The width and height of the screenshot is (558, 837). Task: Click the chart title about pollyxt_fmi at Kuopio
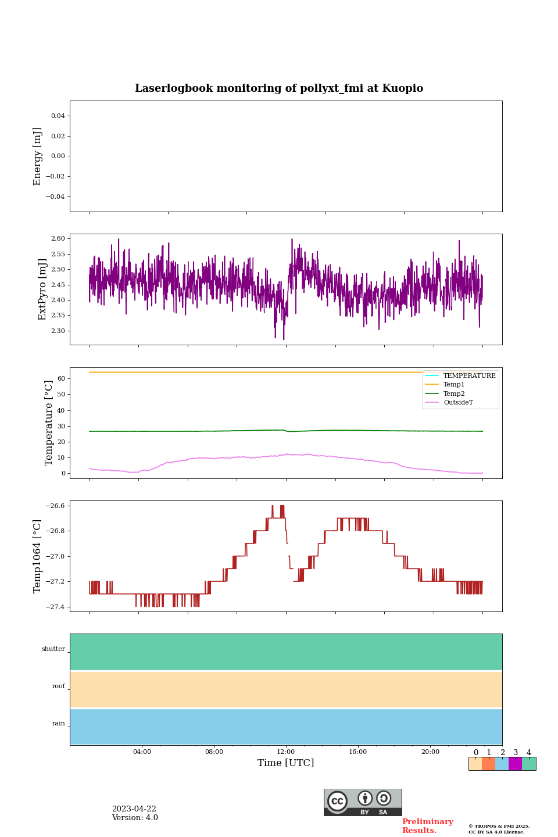[279, 88]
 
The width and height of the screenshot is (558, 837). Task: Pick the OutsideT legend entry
[457, 403]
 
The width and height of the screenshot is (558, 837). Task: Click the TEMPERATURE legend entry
[469, 376]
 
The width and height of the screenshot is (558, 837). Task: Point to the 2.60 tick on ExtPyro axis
[58, 238]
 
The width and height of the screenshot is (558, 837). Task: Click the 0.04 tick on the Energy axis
[58, 116]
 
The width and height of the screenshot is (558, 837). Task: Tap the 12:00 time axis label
[286, 752]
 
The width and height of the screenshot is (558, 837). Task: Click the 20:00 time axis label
[430, 752]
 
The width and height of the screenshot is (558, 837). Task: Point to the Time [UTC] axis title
[286, 763]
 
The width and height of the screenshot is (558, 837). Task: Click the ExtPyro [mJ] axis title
[42, 289]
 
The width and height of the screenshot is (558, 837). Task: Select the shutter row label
[53, 649]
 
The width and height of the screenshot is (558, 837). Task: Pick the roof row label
[59, 686]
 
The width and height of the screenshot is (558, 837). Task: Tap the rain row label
[59, 724]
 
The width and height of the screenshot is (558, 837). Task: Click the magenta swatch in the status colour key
[515, 764]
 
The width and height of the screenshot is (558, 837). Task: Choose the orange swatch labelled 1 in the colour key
[488, 764]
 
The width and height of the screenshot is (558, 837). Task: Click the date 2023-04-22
[134, 809]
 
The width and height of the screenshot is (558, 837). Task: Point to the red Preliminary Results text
[427, 826]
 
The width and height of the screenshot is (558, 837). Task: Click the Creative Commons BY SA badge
[363, 802]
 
